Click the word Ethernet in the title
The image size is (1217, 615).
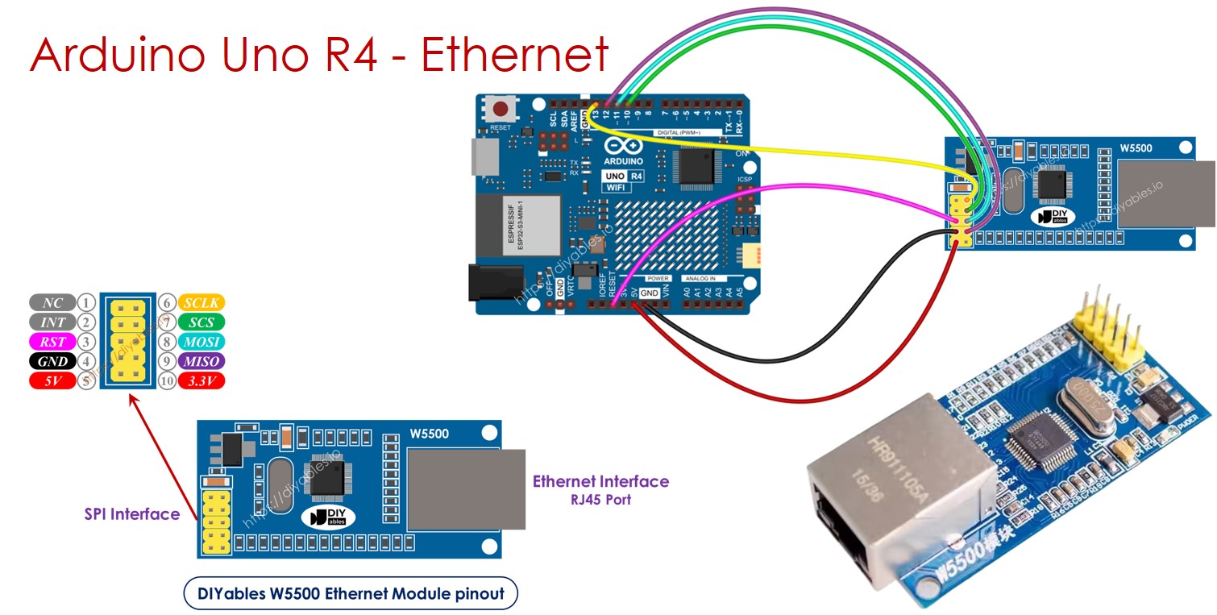point(514,55)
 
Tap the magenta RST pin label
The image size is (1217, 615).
point(52,342)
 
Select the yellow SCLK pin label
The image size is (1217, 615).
point(201,303)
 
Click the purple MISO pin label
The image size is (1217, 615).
point(201,361)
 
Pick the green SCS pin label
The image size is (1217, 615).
point(201,322)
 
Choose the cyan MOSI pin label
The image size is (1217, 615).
point(201,342)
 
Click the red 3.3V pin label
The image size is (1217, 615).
point(201,380)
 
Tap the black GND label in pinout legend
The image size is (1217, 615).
point(52,361)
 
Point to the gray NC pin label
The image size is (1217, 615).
point(52,303)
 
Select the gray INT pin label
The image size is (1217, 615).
point(52,322)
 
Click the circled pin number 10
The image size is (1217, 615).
point(167,380)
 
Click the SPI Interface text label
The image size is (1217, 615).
point(132,514)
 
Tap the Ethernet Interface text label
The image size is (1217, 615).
point(600,481)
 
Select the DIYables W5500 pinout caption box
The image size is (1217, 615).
point(351,594)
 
